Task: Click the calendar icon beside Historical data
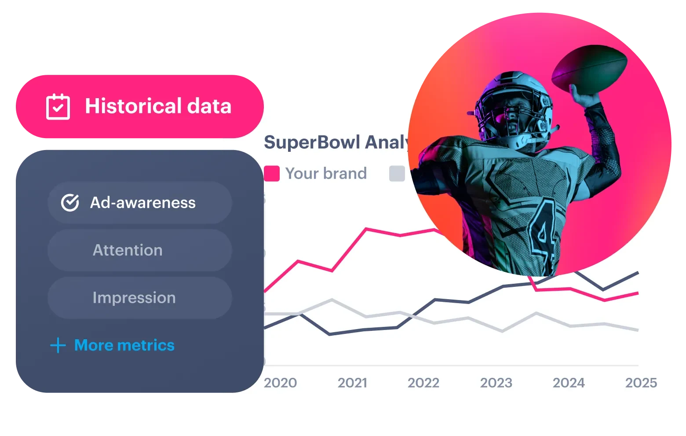click(x=58, y=106)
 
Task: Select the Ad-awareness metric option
click(x=139, y=203)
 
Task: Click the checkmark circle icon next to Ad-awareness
click(x=70, y=203)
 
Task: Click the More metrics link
click(x=124, y=345)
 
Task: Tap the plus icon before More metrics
click(x=58, y=345)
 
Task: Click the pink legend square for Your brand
click(x=272, y=174)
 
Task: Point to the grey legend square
click(x=397, y=174)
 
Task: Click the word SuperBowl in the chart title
click(x=312, y=143)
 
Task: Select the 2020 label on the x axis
click(x=280, y=383)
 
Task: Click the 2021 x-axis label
click(x=352, y=383)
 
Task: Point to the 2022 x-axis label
click(x=423, y=383)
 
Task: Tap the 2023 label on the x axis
click(x=496, y=383)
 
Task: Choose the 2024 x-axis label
click(x=569, y=383)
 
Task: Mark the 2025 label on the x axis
click(x=641, y=383)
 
